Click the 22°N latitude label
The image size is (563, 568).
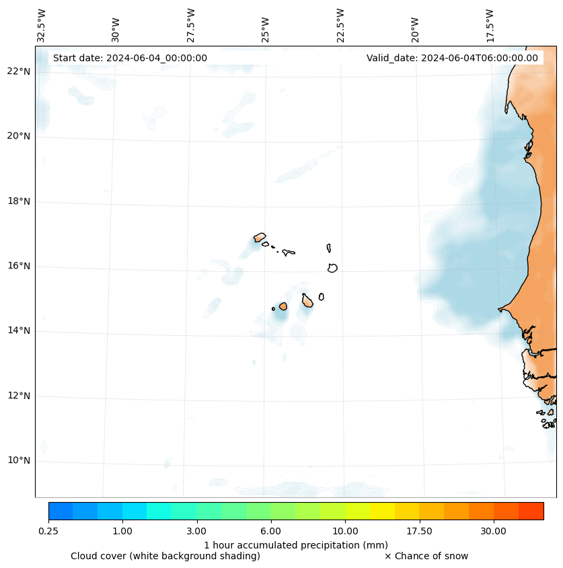tap(20, 71)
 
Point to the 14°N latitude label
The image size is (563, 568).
tap(20, 330)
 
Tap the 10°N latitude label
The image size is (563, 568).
tap(20, 460)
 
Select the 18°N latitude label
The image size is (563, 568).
tap(20, 201)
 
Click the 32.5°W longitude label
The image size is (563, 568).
tap(42, 25)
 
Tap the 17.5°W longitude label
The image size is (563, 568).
tap(490, 25)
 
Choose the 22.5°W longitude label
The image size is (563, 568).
tap(340, 25)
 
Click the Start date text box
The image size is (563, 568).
tap(130, 58)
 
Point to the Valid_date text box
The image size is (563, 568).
tap(452, 58)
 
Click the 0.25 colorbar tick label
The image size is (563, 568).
tap(48, 531)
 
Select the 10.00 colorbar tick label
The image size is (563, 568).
tap(345, 531)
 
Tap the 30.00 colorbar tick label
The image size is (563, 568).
tap(493, 531)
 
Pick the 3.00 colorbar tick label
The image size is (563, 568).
tap(196, 531)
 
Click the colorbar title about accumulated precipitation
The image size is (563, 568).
tap(296, 544)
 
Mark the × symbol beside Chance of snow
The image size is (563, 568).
tap(387, 556)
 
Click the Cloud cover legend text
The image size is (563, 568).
tap(165, 556)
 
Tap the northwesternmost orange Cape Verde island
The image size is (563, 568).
tap(260, 237)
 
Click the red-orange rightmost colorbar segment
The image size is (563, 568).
tap(531, 511)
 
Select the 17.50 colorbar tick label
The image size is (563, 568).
tap(419, 531)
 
